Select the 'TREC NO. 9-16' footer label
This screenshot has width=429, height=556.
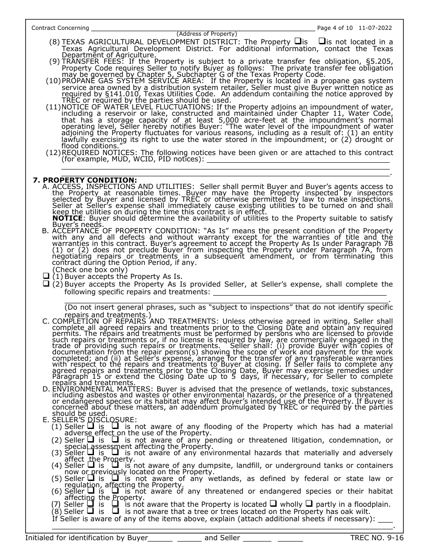click(x=377, y=538)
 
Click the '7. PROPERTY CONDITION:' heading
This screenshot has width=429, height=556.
click(x=85, y=180)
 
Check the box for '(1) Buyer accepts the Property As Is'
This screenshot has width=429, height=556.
click(x=46, y=276)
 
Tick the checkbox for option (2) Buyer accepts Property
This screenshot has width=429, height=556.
click(x=46, y=284)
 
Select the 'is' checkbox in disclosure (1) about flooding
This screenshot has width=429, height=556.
click(x=90, y=425)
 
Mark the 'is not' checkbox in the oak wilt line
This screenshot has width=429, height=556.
click(x=115, y=511)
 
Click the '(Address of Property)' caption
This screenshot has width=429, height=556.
click(x=207, y=34)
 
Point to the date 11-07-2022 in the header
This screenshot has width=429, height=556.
click(x=377, y=28)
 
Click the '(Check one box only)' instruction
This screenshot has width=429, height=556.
click(x=90, y=270)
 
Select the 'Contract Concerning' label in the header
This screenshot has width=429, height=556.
click(x=60, y=28)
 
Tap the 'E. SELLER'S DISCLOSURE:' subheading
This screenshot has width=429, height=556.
click(x=89, y=419)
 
